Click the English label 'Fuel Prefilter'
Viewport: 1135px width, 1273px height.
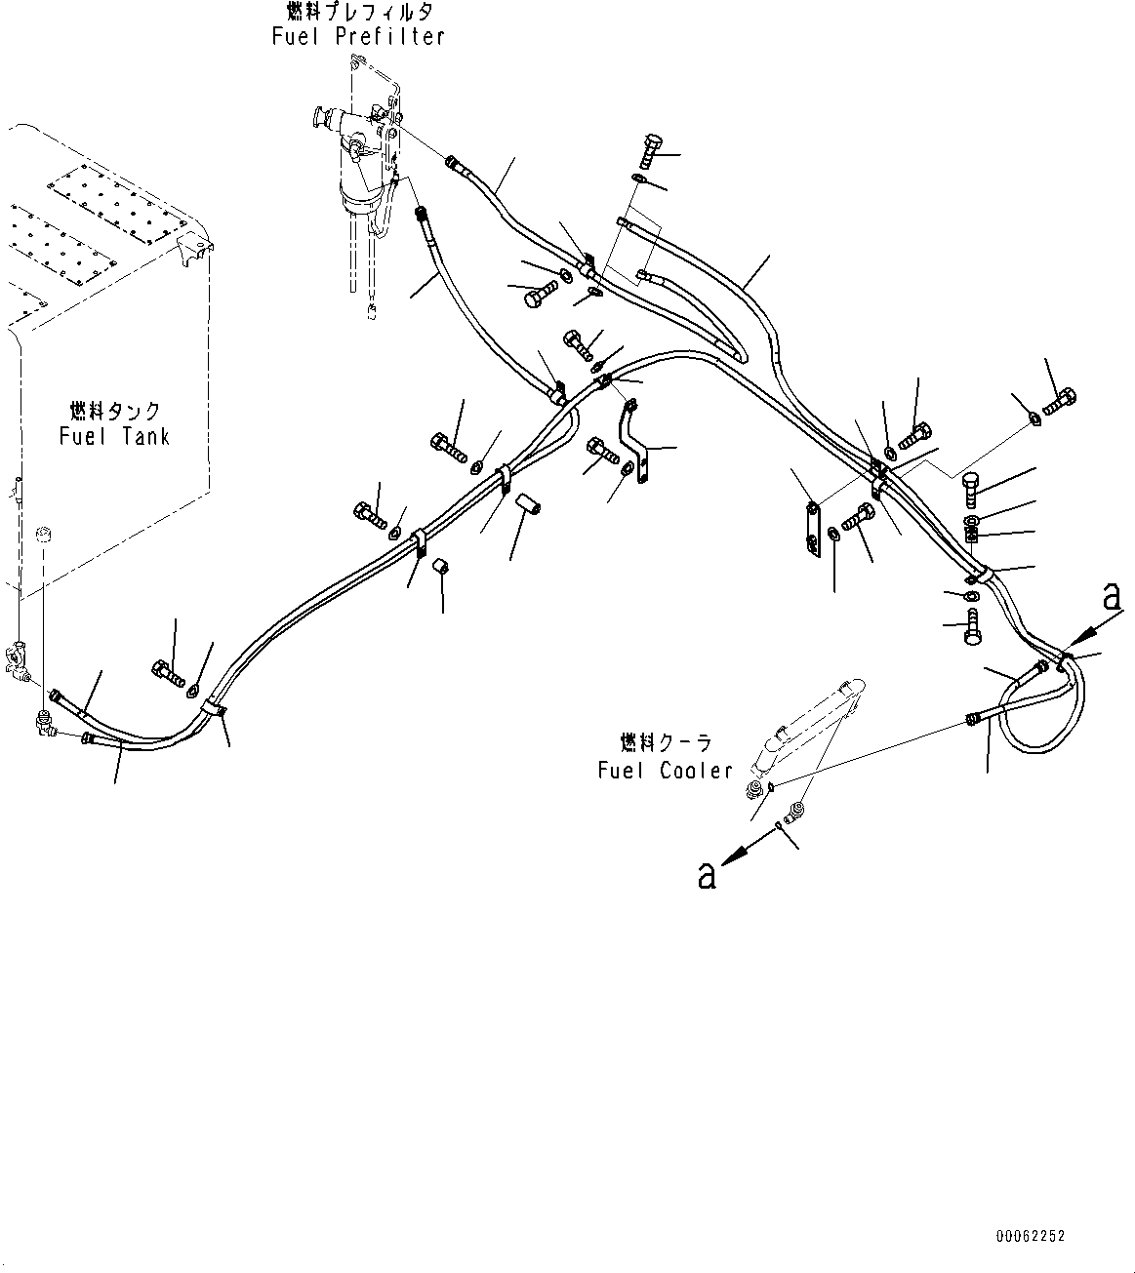[358, 36]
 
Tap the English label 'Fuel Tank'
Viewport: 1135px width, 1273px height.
[114, 436]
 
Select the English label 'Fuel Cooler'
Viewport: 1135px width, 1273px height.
[666, 771]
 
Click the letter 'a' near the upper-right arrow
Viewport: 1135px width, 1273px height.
[1112, 596]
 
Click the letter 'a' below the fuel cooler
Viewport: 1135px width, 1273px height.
[707, 875]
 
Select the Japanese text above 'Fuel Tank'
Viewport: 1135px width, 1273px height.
[115, 412]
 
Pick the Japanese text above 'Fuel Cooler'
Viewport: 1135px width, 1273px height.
[666, 743]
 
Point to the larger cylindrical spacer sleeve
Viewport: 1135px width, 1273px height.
[527, 504]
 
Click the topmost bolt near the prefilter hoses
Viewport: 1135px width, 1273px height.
[651, 151]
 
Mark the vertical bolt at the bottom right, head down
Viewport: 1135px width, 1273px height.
[971, 627]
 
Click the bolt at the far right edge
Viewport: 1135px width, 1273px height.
[1060, 401]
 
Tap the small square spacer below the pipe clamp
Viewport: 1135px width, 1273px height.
[439, 568]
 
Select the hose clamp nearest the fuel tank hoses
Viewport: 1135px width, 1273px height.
[214, 710]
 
